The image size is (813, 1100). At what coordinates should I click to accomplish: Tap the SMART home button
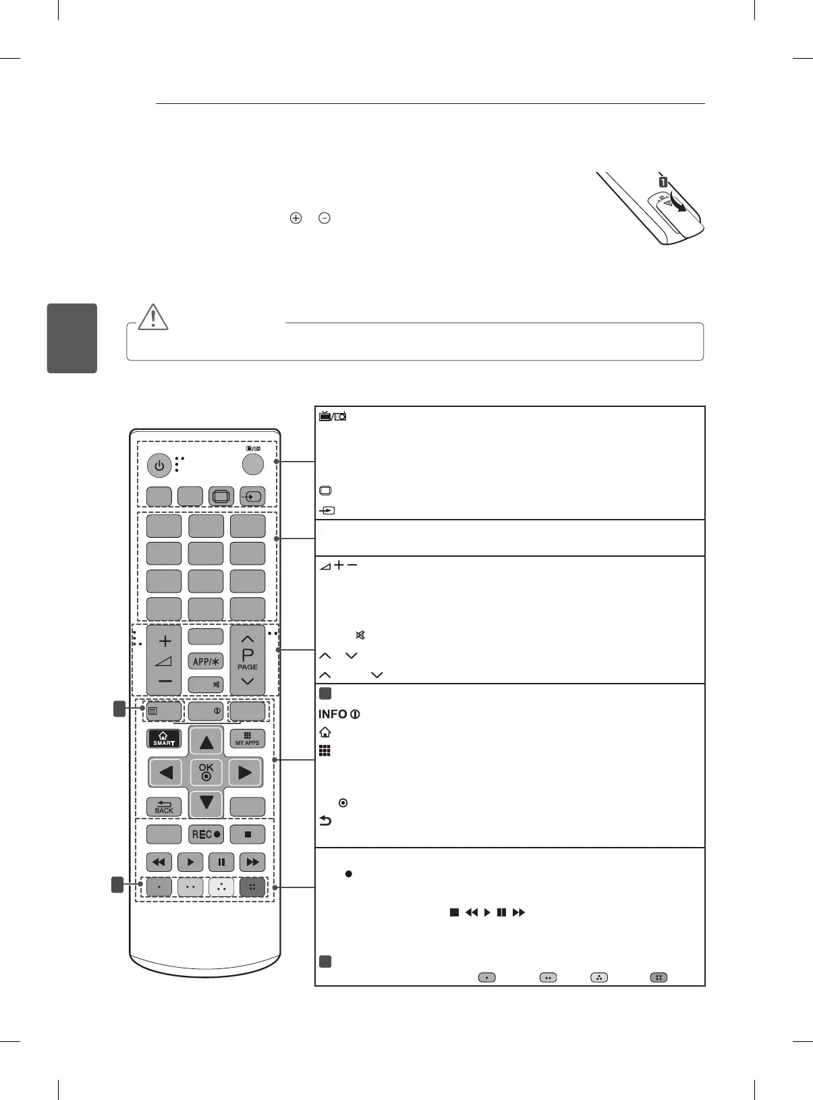pyautogui.click(x=164, y=738)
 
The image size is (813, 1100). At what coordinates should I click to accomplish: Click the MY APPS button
pyautogui.click(x=248, y=738)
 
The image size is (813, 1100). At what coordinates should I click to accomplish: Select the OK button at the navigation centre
pyautogui.click(x=206, y=771)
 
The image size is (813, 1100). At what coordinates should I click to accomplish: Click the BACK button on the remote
pyautogui.click(x=164, y=806)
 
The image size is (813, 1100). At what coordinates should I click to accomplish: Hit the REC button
pyautogui.click(x=206, y=834)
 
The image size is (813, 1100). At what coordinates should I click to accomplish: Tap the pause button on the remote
pyautogui.click(x=221, y=862)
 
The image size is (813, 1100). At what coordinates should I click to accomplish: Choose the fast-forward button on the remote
pyautogui.click(x=252, y=862)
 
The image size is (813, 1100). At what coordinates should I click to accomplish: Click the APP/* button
pyautogui.click(x=206, y=661)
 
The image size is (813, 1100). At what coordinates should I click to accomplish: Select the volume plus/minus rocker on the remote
pyautogui.click(x=165, y=661)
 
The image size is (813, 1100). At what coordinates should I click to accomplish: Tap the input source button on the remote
pyautogui.click(x=252, y=496)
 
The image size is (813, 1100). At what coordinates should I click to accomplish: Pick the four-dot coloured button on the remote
pyautogui.click(x=252, y=887)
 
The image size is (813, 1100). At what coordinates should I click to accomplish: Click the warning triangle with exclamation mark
pyautogui.click(x=153, y=317)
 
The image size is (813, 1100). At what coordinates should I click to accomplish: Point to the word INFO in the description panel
pyautogui.click(x=333, y=714)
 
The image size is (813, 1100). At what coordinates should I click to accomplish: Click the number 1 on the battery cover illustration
pyautogui.click(x=663, y=182)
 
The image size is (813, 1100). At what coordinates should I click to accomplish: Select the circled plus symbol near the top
pyautogui.click(x=296, y=218)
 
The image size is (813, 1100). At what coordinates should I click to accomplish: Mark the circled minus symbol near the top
pyautogui.click(x=325, y=218)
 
